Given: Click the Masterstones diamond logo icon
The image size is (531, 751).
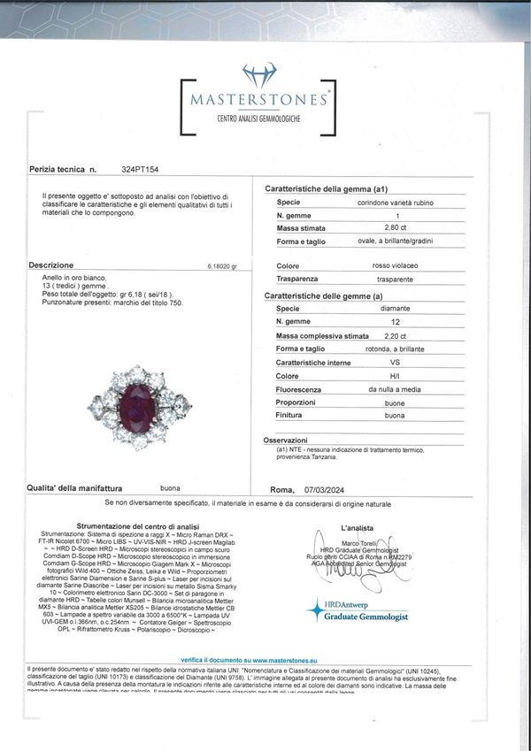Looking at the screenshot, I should click(x=259, y=74).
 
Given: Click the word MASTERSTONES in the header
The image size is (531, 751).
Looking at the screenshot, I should click(x=259, y=100).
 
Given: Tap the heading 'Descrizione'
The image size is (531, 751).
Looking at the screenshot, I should click(x=50, y=264).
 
